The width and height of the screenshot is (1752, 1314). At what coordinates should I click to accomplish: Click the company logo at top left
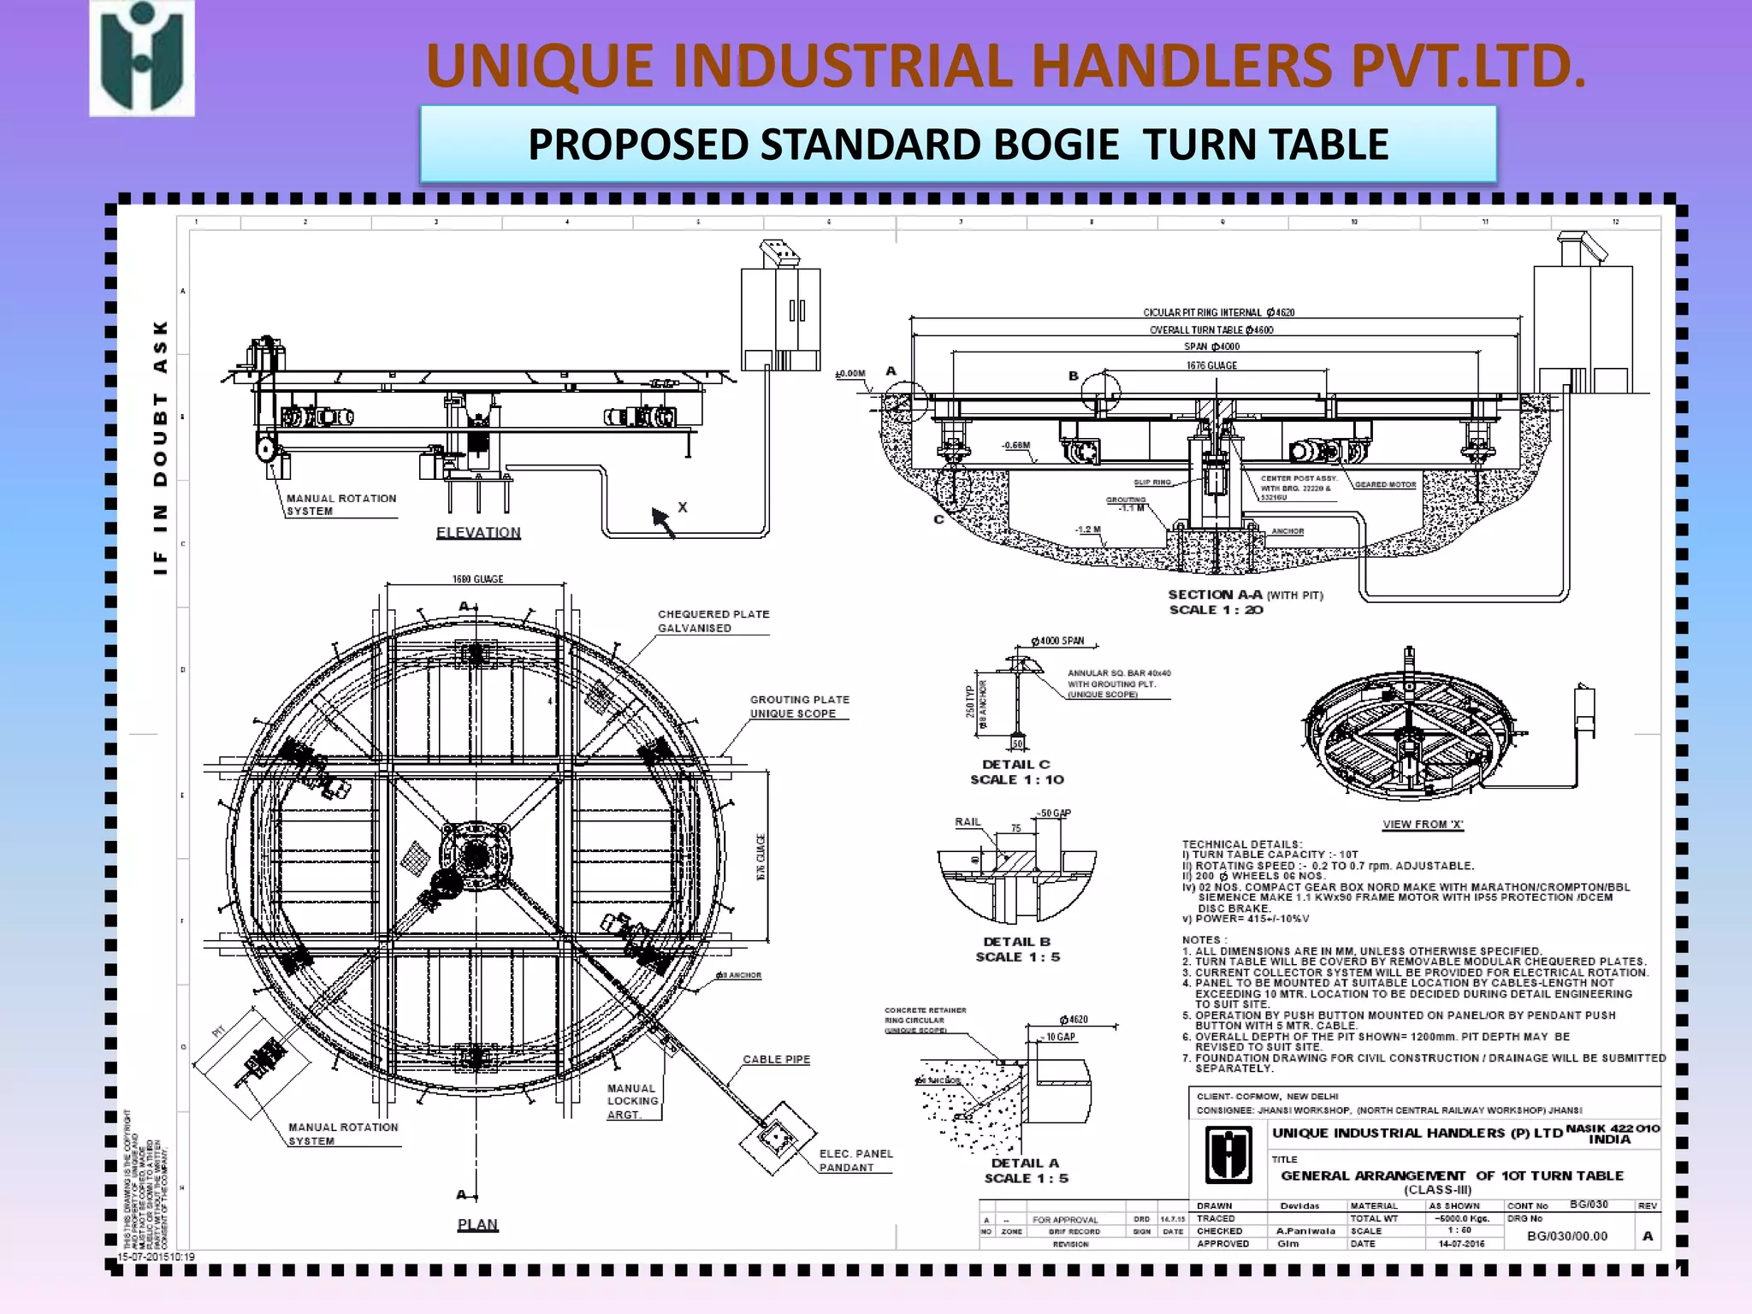click(x=142, y=59)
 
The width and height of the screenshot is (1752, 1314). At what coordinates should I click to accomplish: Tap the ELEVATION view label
click(x=478, y=532)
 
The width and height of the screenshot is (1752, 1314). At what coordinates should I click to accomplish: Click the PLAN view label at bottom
click(x=477, y=1224)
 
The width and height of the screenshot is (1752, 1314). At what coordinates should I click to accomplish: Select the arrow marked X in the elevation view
click(x=664, y=520)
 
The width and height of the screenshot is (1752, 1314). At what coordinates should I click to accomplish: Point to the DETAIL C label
click(x=1015, y=764)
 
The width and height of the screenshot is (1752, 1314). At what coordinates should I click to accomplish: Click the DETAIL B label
click(x=1016, y=941)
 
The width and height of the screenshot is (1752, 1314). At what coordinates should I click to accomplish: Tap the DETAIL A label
click(x=1025, y=1163)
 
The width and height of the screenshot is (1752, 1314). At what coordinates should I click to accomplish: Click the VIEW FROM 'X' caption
click(x=1423, y=825)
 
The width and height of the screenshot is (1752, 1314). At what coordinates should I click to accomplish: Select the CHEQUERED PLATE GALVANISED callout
click(x=713, y=621)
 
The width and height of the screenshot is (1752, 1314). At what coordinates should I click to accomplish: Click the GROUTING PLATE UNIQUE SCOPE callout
click(x=799, y=707)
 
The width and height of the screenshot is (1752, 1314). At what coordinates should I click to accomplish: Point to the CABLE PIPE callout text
click(x=776, y=1059)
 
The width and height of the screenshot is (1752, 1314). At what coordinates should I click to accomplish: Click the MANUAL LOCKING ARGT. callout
click(x=633, y=1101)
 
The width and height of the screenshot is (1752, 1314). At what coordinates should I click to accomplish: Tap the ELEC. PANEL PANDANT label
click(x=855, y=1160)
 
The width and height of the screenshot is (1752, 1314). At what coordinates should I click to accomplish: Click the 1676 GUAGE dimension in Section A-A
click(x=1211, y=365)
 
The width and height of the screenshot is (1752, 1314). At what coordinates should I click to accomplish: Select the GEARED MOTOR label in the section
click(x=1385, y=484)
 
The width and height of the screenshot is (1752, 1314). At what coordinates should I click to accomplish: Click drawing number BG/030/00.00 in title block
click(x=1566, y=1236)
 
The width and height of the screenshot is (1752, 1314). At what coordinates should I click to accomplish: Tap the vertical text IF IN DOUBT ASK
click(x=160, y=447)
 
